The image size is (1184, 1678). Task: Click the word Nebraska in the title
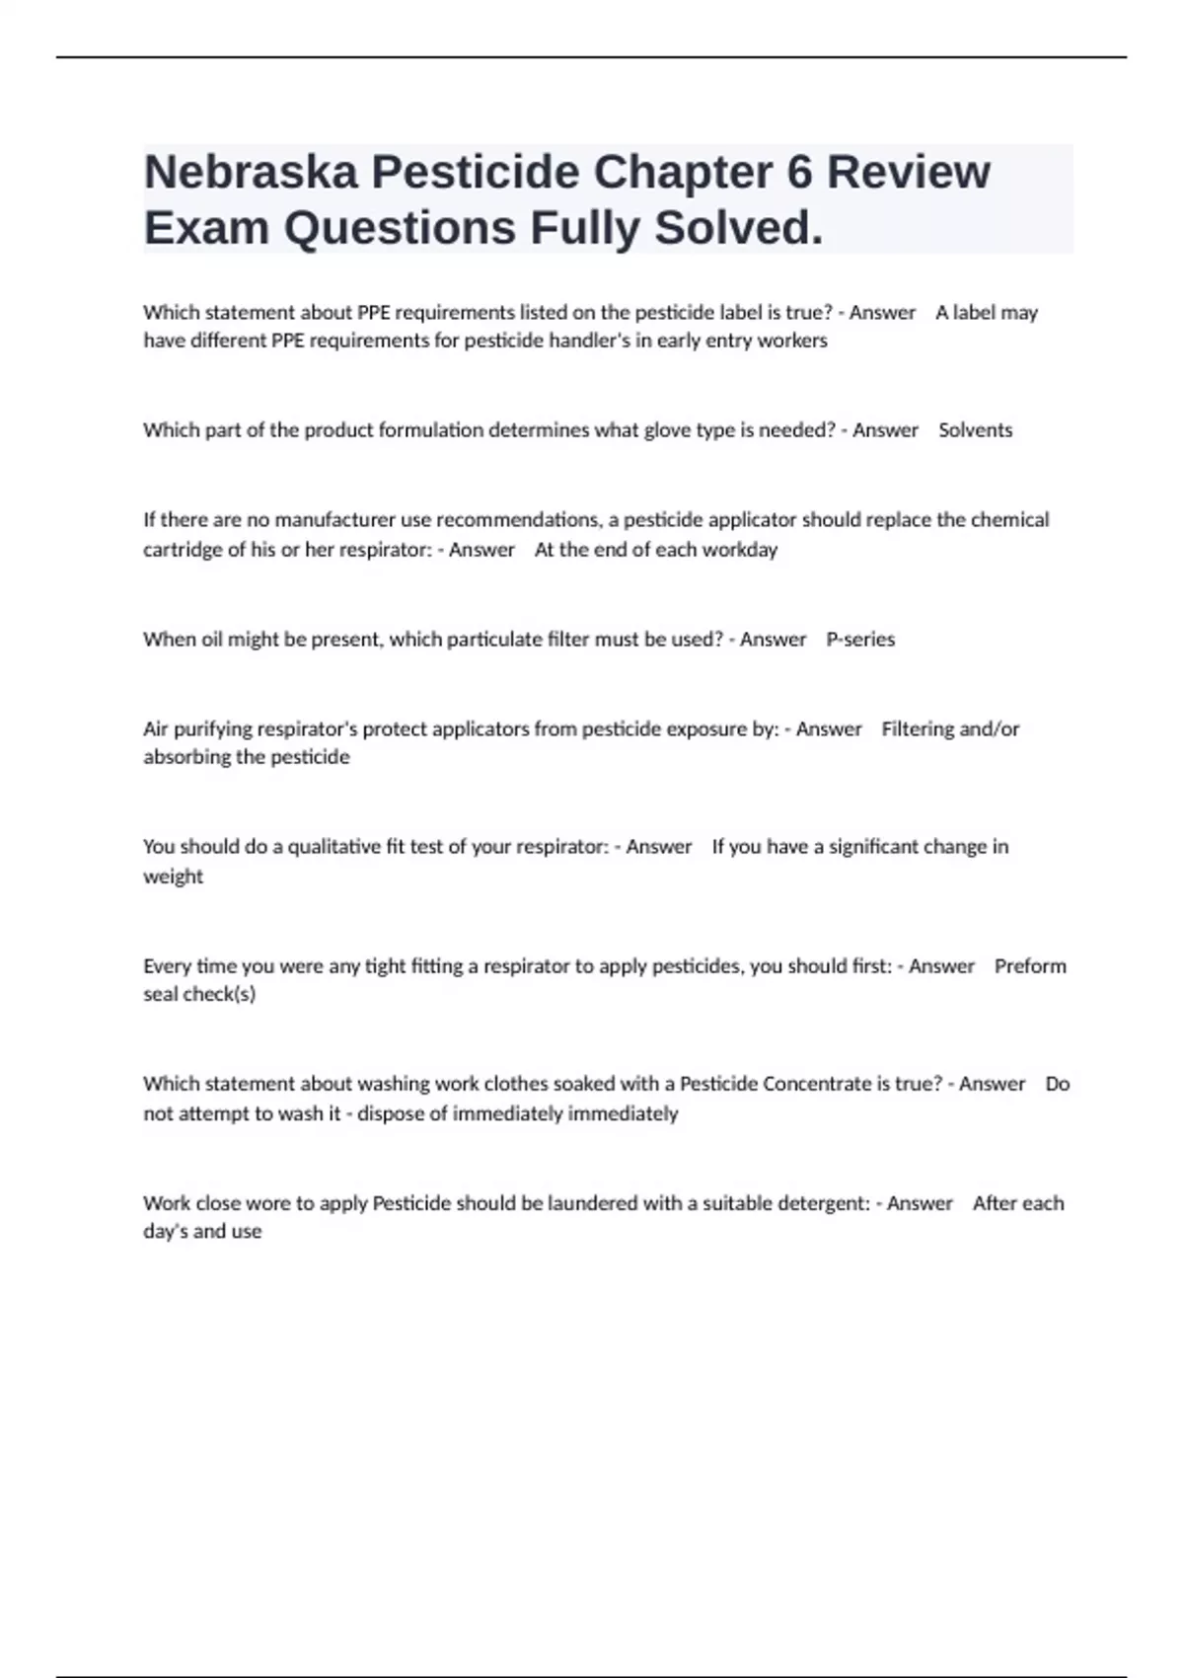click(250, 172)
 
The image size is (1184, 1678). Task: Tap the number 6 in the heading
click(799, 172)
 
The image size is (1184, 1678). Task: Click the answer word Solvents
click(975, 430)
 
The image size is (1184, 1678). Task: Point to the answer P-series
click(860, 640)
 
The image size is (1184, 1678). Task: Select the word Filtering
click(918, 729)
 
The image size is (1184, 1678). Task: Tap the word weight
click(173, 877)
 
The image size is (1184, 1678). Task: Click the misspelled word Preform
click(1030, 966)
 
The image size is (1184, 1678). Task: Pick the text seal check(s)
click(199, 995)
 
